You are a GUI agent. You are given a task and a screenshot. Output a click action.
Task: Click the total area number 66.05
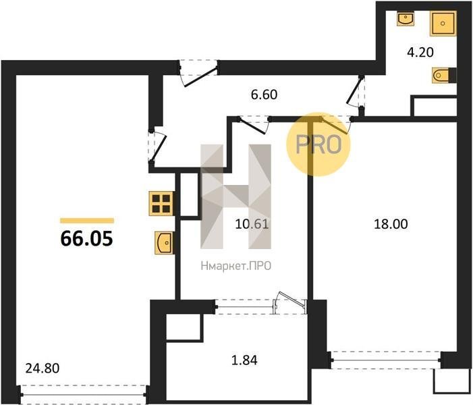(x=86, y=238)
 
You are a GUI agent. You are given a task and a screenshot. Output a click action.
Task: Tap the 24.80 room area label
(x=43, y=368)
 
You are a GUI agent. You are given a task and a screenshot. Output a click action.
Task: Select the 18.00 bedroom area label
(x=391, y=224)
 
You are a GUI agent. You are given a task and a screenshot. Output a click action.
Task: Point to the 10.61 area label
(x=252, y=224)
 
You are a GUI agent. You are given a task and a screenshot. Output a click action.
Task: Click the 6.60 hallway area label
(x=264, y=94)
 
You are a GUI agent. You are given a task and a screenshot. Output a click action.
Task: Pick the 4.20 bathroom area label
(x=420, y=52)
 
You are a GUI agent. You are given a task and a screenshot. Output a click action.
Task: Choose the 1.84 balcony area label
(x=244, y=360)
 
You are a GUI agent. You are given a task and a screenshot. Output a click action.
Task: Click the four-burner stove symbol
(x=161, y=204)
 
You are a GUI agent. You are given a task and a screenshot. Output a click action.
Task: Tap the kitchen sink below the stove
(x=165, y=242)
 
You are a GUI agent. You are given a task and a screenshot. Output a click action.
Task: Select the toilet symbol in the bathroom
(x=444, y=75)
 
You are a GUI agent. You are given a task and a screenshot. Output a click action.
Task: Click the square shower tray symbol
(x=443, y=24)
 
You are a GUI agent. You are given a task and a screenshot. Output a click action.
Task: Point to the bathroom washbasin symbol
(x=405, y=18)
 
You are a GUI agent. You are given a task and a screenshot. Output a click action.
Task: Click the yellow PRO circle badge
(x=318, y=144)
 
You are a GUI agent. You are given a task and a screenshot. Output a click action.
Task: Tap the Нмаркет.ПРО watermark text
(x=236, y=266)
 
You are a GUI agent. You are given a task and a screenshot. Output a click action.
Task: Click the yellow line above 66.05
(x=87, y=221)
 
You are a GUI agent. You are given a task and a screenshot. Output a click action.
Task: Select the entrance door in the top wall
(x=198, y=72)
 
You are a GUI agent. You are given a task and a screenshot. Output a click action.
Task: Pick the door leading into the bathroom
(x=356, y=91)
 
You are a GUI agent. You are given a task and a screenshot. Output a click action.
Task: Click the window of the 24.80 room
(x=84, y=394)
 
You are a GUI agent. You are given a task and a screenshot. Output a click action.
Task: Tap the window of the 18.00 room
(x=386, y=360)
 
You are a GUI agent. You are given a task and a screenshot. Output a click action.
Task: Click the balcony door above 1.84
(x=261, y=305)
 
